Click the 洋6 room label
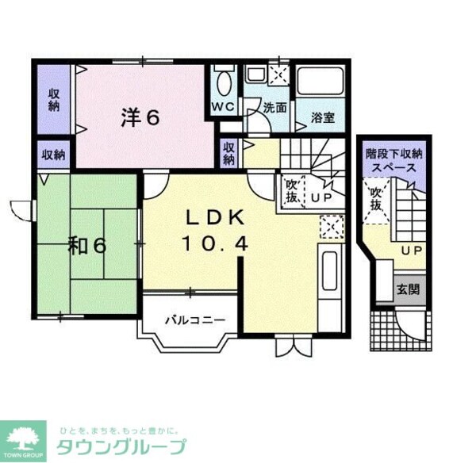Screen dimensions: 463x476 (140, 117)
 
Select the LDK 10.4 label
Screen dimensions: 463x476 (217, 230)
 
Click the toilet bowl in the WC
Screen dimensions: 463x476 (224, 82)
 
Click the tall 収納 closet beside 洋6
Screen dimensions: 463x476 (54, 102)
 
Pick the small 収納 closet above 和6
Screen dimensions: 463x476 (54, 155)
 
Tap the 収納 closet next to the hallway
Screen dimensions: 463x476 (228, 152)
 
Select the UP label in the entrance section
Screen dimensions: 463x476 (412, 251)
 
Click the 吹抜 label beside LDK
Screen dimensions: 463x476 (291, 191)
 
